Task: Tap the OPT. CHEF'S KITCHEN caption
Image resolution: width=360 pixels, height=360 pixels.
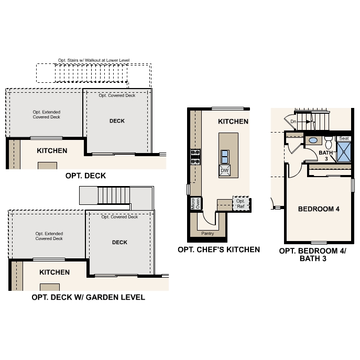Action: coord(219,249)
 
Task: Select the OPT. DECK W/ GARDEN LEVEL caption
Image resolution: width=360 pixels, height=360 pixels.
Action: coord(88,297)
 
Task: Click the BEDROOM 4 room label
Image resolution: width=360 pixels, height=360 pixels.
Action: coord(319,209)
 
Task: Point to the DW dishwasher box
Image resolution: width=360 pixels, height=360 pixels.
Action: coord(224,171)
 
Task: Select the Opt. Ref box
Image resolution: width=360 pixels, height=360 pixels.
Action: coord(241,203)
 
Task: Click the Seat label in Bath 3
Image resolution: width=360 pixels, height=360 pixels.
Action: coord(344,138)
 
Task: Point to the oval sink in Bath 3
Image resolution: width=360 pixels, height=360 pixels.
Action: coord(313,140)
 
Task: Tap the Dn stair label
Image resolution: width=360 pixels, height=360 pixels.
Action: coord(293,122)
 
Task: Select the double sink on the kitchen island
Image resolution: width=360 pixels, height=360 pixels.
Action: coord(224,156)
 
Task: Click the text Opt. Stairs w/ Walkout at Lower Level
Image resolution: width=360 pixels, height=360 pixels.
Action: coord(94,60)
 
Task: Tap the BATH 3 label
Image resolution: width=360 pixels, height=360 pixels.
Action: coord(326,155)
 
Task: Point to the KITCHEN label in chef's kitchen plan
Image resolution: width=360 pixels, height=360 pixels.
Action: coord(233,122)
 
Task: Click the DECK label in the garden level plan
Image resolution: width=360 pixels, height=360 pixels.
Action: coord(119,242)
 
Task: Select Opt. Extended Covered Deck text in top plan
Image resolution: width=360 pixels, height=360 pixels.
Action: coord(47,115)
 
